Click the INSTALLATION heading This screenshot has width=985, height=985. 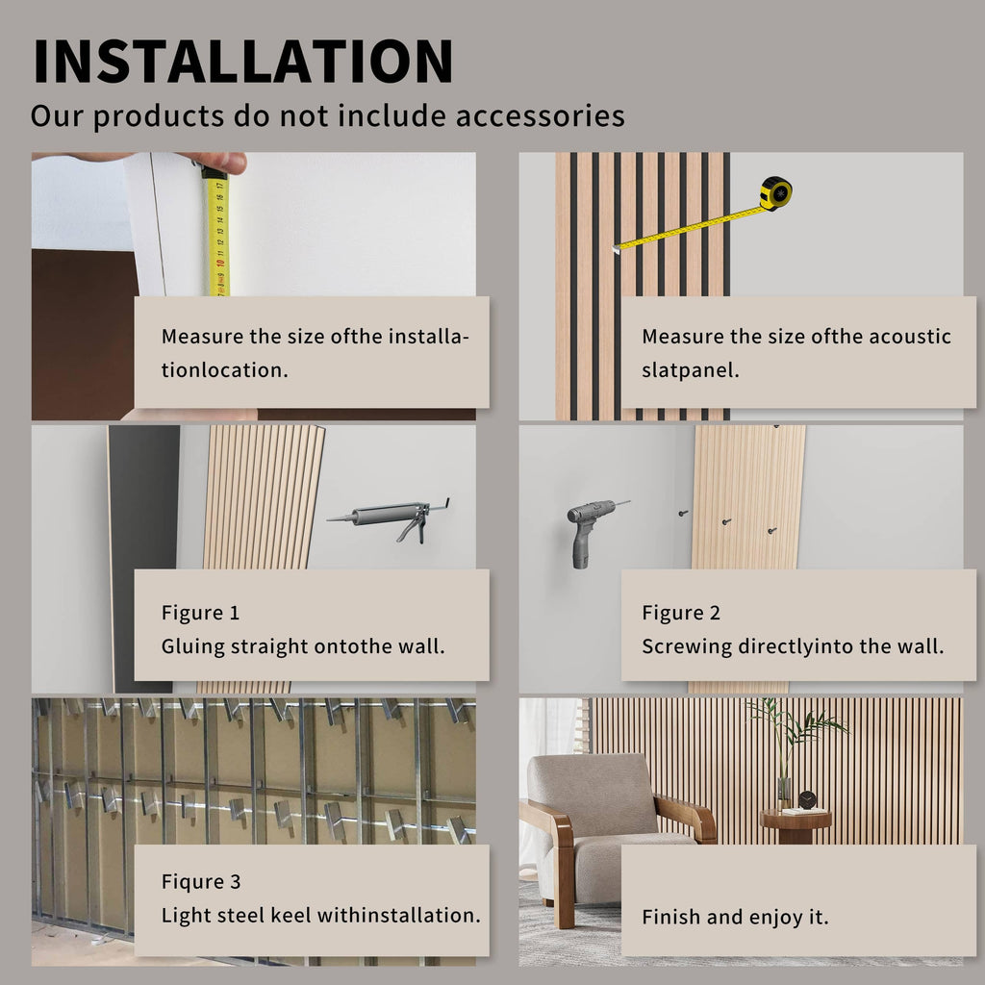tap(243, 61)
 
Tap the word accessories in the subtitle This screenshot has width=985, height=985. tap(541, 115)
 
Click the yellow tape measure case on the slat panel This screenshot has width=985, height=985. tap(776, 192)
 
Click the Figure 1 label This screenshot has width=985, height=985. tap(200, 613)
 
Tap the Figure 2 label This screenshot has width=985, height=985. tap(681, 613)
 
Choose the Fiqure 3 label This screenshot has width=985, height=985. tap(201, 881)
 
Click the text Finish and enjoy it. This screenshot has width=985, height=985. tap(735, 917)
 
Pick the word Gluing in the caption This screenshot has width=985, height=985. tap(192, 646)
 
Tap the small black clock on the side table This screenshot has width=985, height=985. tap(807, 800)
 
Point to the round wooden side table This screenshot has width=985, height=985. tap(796, 824)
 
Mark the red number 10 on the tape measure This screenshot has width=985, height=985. tap(220, 262)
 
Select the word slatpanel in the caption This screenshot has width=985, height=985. tap(691, 370)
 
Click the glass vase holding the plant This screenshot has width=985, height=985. tap(783, 793)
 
